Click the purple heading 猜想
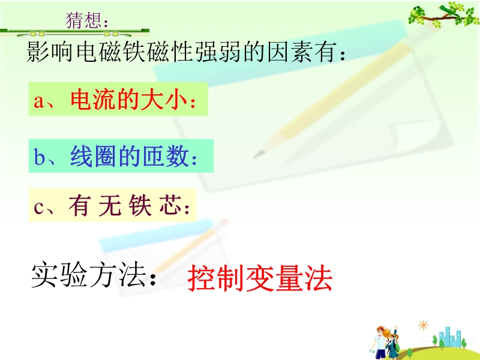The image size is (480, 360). click(x=83, y=20)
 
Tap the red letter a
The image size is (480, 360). click(x=38, y=101)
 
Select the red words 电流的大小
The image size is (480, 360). click(x=129, y=99)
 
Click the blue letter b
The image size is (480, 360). click(x=39, y=157)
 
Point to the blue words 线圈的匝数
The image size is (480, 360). click(x=129, y=156)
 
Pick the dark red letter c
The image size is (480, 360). click(x=38, y=207)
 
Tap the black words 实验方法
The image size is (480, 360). click(x=89, y=275)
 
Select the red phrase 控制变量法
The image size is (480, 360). click(x=260, y=278)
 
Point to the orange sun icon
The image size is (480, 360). click(x=424, y=325)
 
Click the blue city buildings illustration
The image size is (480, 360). click(x=449, y=337)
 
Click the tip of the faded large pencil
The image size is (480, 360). click(x=254, y=157)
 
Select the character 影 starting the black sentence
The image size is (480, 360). click(x=38, y=52)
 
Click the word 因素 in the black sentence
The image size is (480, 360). click(x=290, y=52)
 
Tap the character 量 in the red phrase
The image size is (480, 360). click(x=289, y=278)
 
